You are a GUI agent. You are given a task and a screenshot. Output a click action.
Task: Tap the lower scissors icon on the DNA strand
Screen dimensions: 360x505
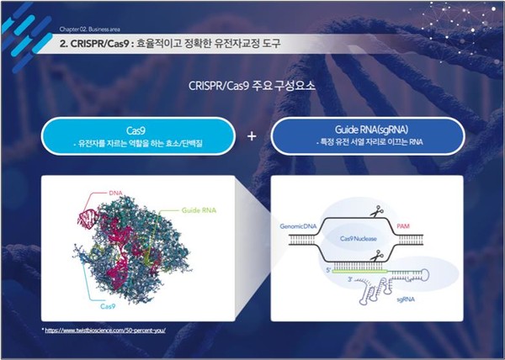pyautogui.click(x=380, y=257)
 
